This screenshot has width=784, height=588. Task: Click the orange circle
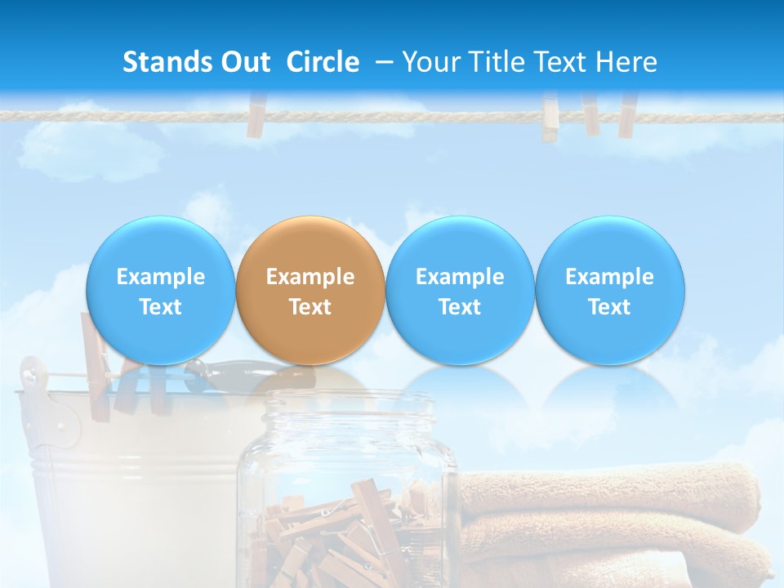click(310, 290)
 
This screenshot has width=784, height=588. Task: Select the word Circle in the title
click(323, 62)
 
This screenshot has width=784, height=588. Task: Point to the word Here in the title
click(626, 62)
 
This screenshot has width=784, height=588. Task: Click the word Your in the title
click(428, 62)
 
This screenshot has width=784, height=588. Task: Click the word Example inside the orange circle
click(310, 277)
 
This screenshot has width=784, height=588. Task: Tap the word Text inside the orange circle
click(310, 307)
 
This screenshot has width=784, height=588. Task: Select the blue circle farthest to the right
click(610, 290)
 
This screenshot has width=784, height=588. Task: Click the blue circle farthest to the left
click(161, 290)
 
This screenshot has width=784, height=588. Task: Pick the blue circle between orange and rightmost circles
click(460, 290)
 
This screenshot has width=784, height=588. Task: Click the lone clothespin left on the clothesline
click(257, 115)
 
